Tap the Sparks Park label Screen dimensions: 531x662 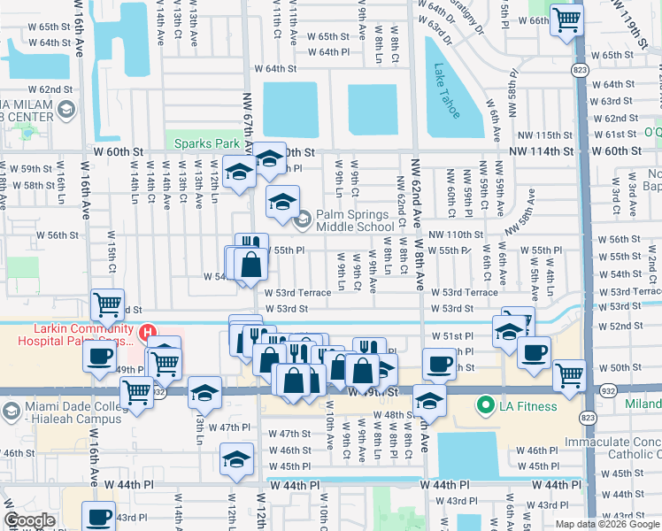click(x=207, y=142)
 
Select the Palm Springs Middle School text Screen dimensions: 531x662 click(x=352, y=220)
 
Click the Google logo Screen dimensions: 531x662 click(x=29, y=520)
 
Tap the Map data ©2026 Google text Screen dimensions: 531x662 click(x=607, y=524)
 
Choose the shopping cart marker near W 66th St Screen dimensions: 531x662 click(x=566, y=19)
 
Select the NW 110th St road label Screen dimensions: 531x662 click(x=456, y=235)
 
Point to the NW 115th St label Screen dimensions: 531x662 click(x=546, y=135)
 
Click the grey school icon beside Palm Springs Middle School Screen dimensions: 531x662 click(x=303, y=218)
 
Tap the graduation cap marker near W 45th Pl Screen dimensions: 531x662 click(x=235, y=459)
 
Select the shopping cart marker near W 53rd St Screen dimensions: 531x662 click(x=107, y=304)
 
